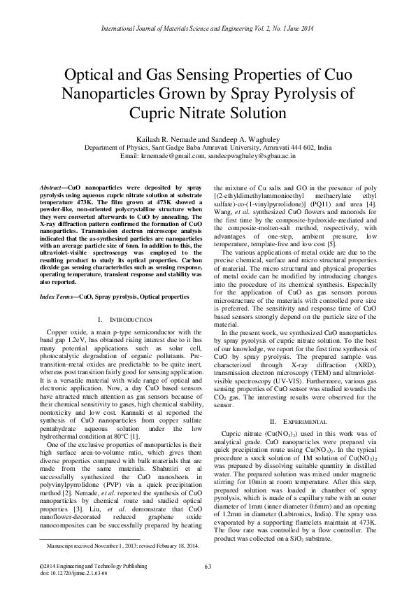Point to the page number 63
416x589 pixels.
tap(208, 566)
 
